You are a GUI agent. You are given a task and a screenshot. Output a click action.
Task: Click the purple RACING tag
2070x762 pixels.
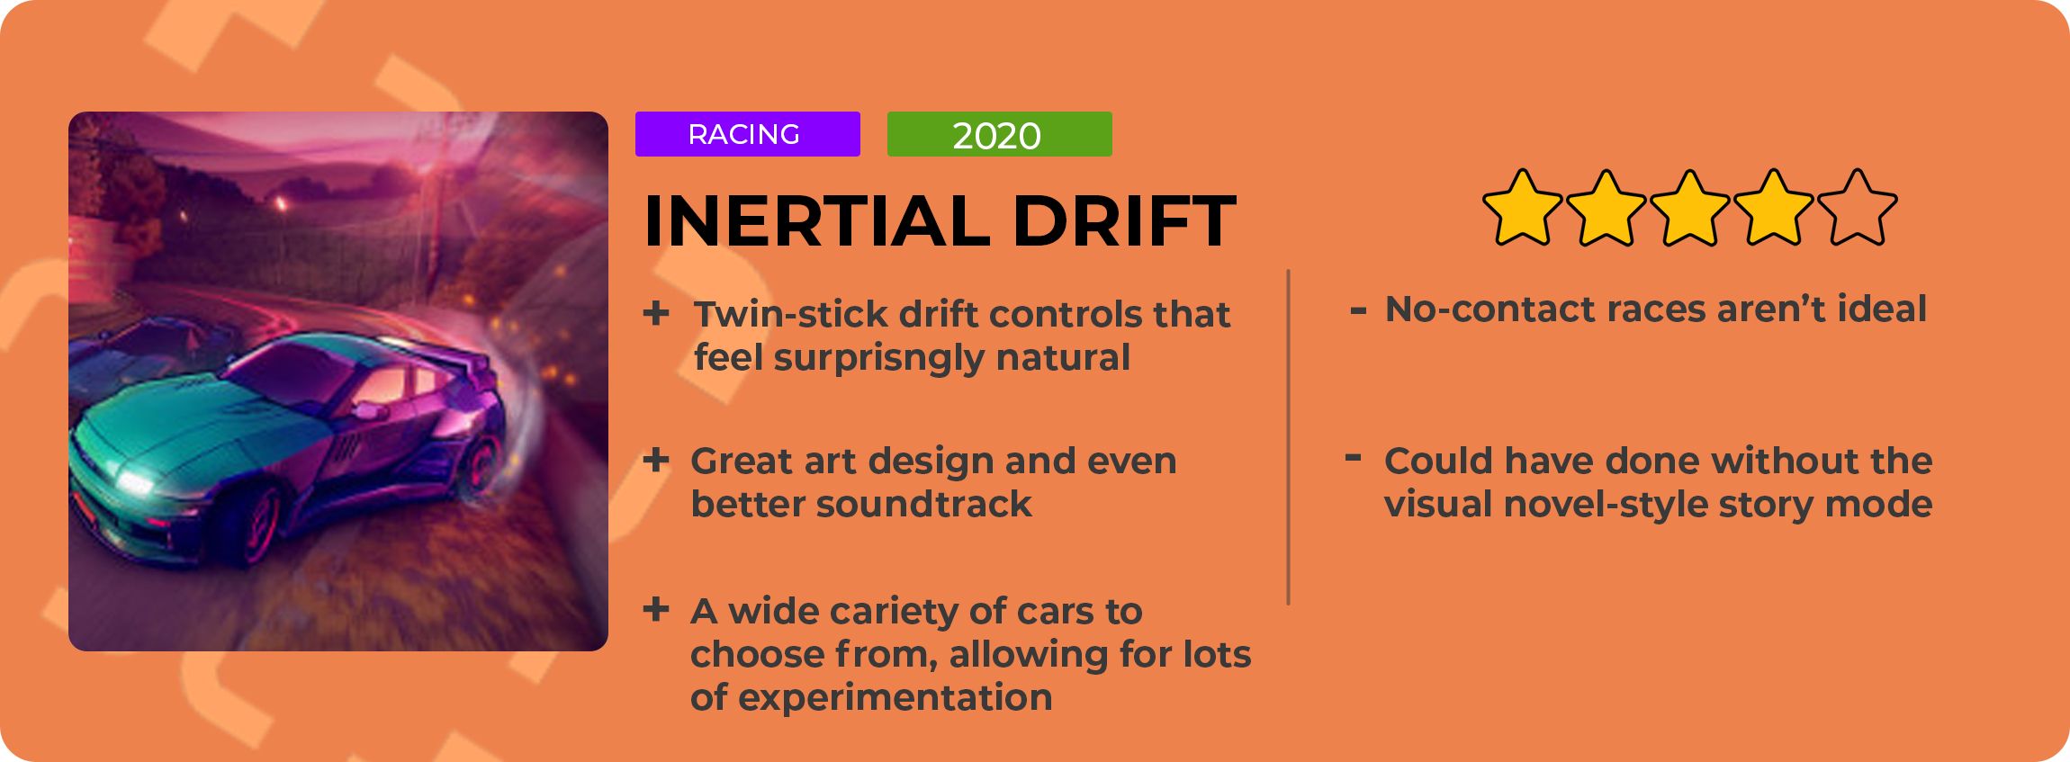[747, 134]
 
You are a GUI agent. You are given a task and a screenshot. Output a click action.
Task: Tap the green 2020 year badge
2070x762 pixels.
[999, 134]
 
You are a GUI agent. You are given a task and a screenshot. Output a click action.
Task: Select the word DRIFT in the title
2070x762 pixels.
[1124, 220]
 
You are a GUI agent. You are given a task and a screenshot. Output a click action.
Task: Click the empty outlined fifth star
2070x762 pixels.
[1857, 208]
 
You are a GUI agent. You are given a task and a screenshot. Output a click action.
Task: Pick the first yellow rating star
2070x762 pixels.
[1522, 208]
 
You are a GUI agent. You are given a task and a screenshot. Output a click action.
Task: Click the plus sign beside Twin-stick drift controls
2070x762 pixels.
[656, 313]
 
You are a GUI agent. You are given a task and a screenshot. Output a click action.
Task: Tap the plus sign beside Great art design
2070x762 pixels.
[656, 460]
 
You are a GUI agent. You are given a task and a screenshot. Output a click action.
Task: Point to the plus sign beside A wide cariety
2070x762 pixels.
[656, 609]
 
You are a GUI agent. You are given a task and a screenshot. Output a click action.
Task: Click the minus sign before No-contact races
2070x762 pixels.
[1358, 311]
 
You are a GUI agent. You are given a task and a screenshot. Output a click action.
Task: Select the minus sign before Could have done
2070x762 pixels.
[1353, 458]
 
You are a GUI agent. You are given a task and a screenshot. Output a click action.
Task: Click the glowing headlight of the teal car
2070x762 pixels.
[135, 482]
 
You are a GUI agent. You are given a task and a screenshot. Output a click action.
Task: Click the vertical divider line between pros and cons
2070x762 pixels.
[1289, 437]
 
